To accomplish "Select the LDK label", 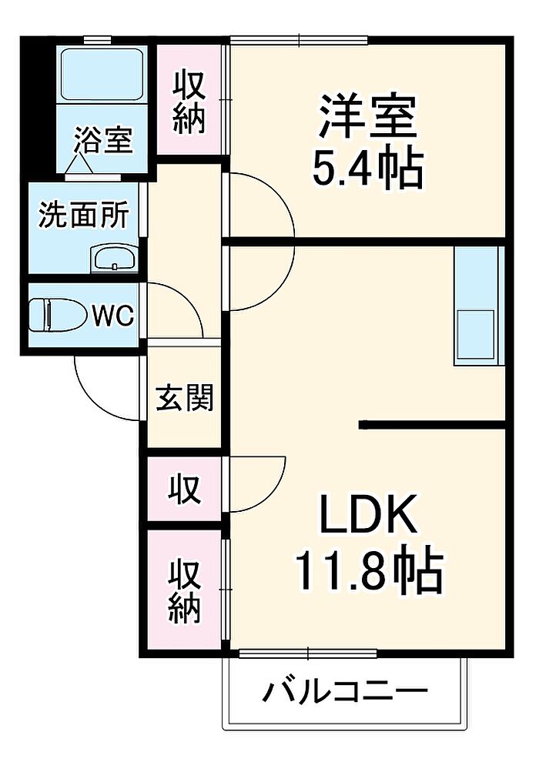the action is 368,516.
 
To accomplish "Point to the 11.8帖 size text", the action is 367,570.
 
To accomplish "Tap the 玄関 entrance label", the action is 185,397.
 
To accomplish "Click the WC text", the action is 114,314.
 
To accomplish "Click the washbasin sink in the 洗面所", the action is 115,259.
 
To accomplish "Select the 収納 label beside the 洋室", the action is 189,102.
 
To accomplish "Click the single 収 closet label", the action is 186,490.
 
